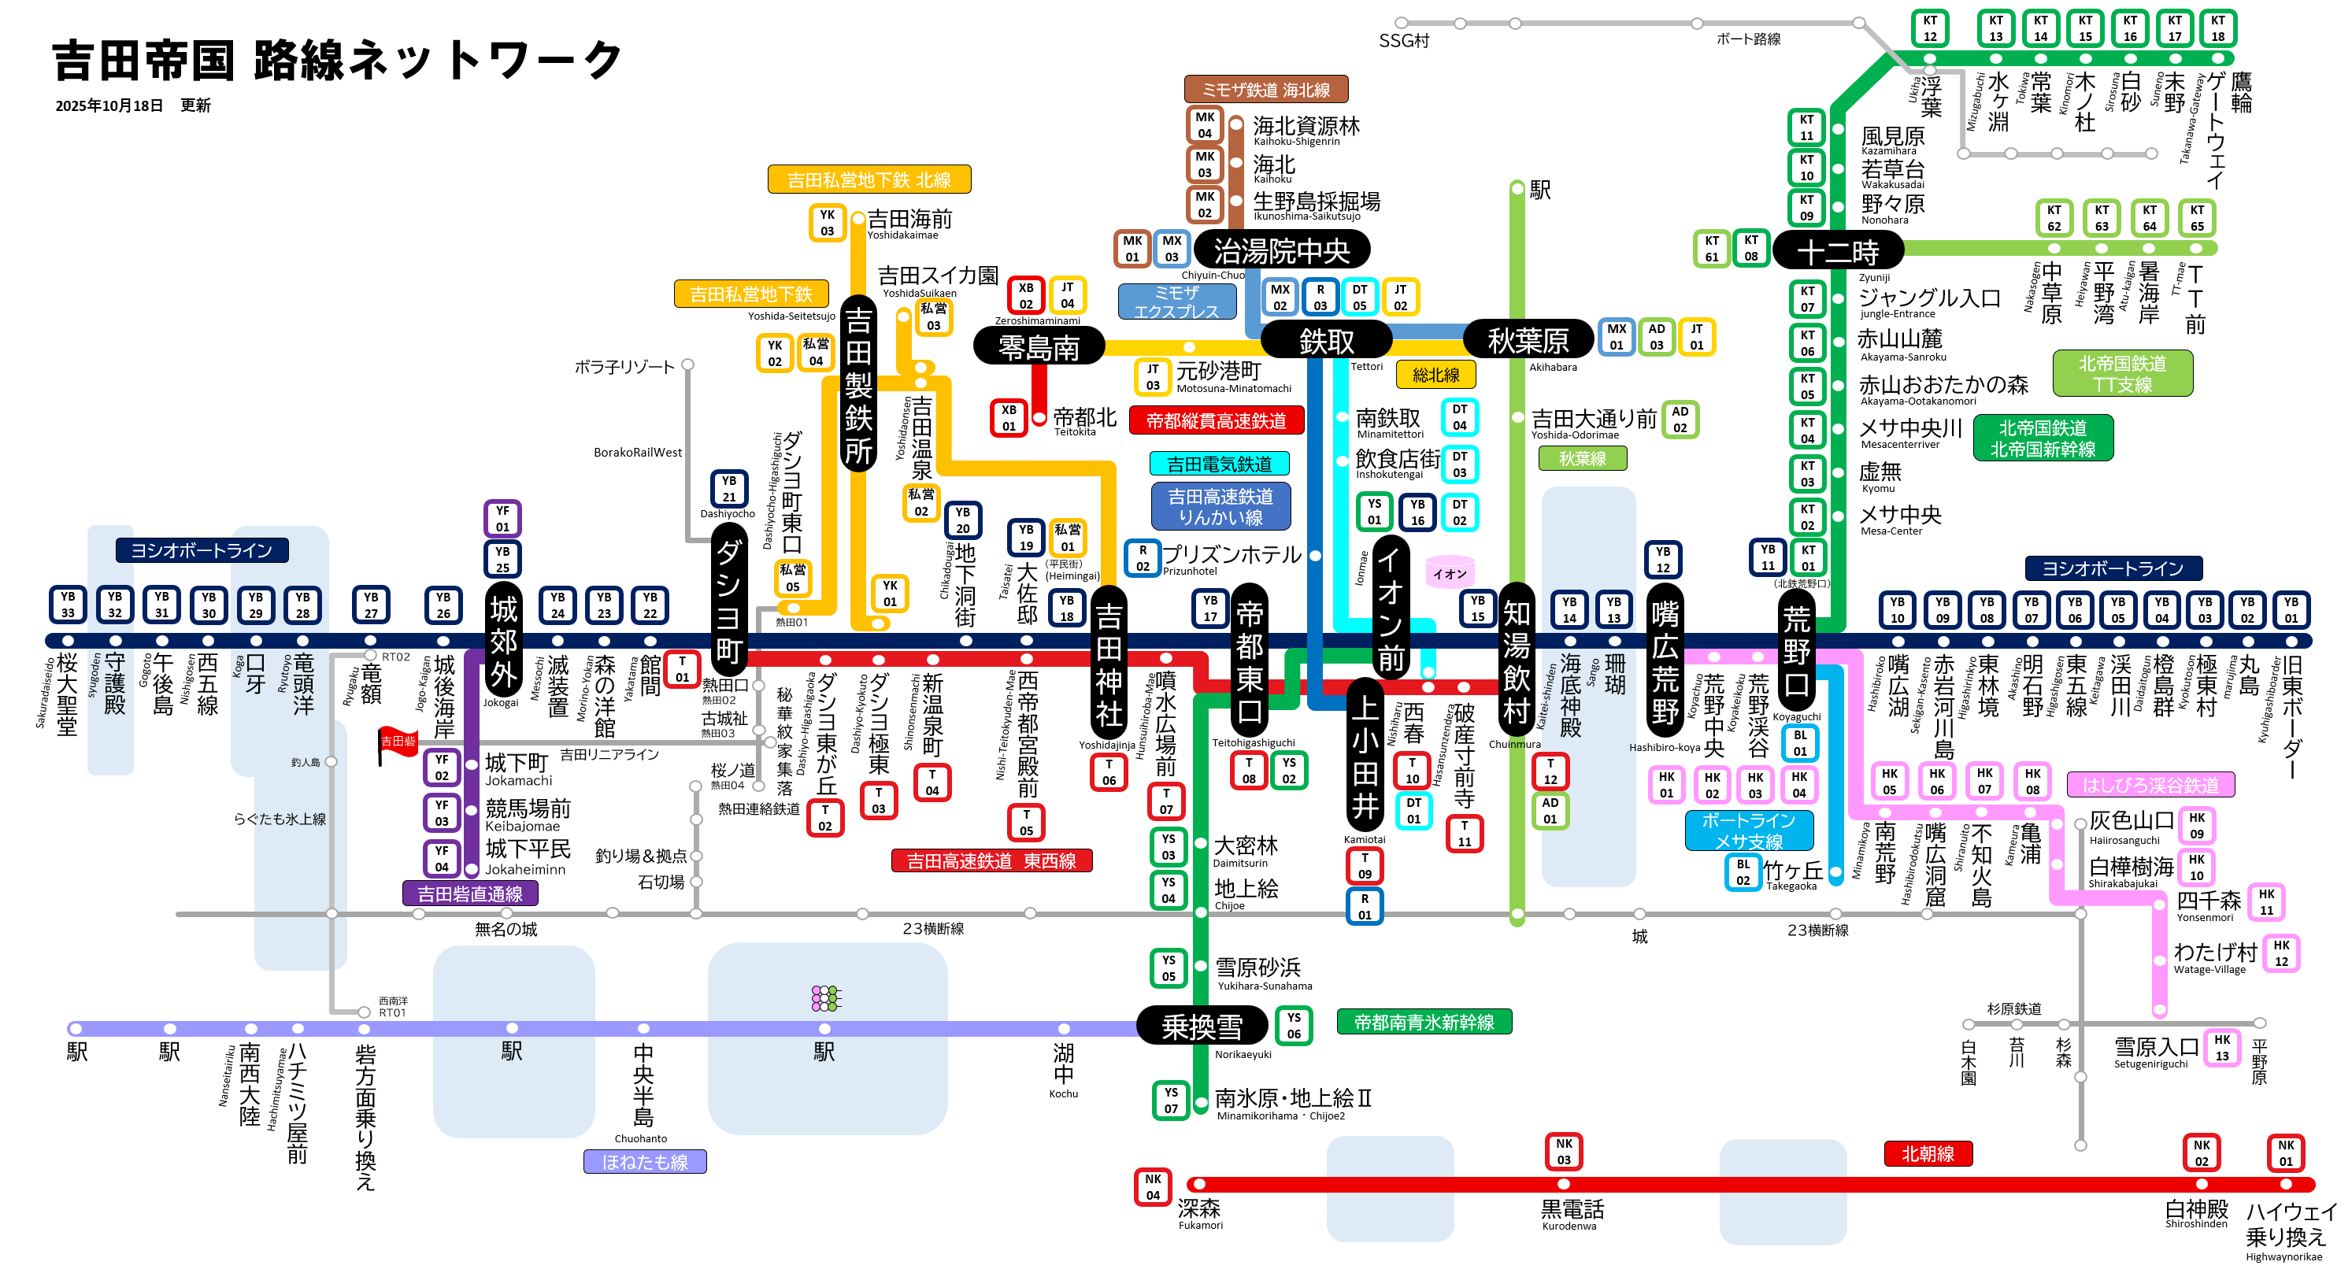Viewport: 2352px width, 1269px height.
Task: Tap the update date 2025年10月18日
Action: pos(109,106)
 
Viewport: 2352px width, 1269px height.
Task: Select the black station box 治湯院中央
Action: pos(1281,250)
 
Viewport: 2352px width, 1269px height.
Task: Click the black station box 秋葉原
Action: pos(1528,342)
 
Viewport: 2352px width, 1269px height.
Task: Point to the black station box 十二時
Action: pos(1837,251)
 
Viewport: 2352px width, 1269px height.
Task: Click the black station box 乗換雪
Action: pos(1202,1027)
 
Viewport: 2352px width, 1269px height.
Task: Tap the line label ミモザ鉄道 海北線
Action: pos(1265,90)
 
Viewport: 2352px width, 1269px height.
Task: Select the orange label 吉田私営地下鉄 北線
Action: pos(869,179)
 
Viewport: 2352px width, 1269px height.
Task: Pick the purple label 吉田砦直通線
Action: pos(469,893)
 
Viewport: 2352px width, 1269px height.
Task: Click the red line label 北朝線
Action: pos(1928,1153)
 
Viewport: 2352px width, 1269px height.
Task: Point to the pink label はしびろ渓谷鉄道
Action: pos(2150,785)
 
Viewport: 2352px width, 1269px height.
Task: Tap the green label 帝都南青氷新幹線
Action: pos(1424,1023)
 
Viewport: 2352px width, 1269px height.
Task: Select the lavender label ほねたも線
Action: pos(645,1162)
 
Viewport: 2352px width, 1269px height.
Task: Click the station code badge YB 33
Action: pos(68,605)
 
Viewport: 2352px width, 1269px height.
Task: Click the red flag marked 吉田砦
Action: pos(398,742)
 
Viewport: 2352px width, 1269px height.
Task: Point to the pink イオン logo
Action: pos(1450,572)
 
